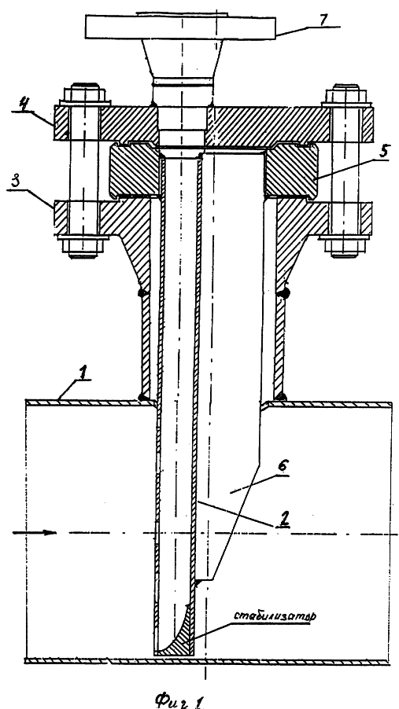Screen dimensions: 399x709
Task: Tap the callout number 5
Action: [x=382, y=152]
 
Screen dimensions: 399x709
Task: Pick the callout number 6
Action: [x=282, y=468]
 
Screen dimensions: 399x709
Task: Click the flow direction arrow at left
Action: [x=34, y=533]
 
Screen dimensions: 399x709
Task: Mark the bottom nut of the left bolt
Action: [x=83, y=248]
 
